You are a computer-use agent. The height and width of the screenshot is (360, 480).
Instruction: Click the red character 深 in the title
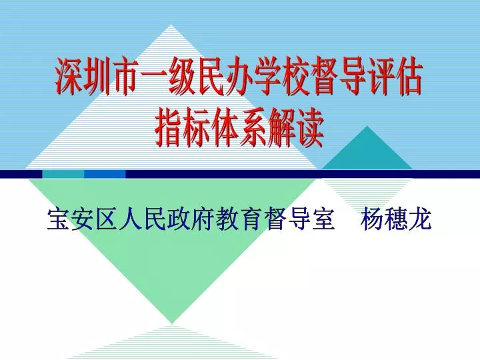coord(70,77)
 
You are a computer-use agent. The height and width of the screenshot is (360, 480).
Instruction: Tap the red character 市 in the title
coord(125,77)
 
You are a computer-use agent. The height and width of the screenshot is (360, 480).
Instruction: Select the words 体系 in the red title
coord(239,129)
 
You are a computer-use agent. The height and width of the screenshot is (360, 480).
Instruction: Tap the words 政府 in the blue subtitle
coord(191,219)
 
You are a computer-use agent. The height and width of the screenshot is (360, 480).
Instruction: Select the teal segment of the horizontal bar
coord(63,174)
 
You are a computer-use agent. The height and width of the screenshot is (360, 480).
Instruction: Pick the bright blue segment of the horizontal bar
coord(105,174)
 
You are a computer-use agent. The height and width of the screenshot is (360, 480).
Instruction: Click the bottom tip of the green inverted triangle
coord(172,323)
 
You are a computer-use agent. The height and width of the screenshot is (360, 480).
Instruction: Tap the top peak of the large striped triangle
coord(171,25)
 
